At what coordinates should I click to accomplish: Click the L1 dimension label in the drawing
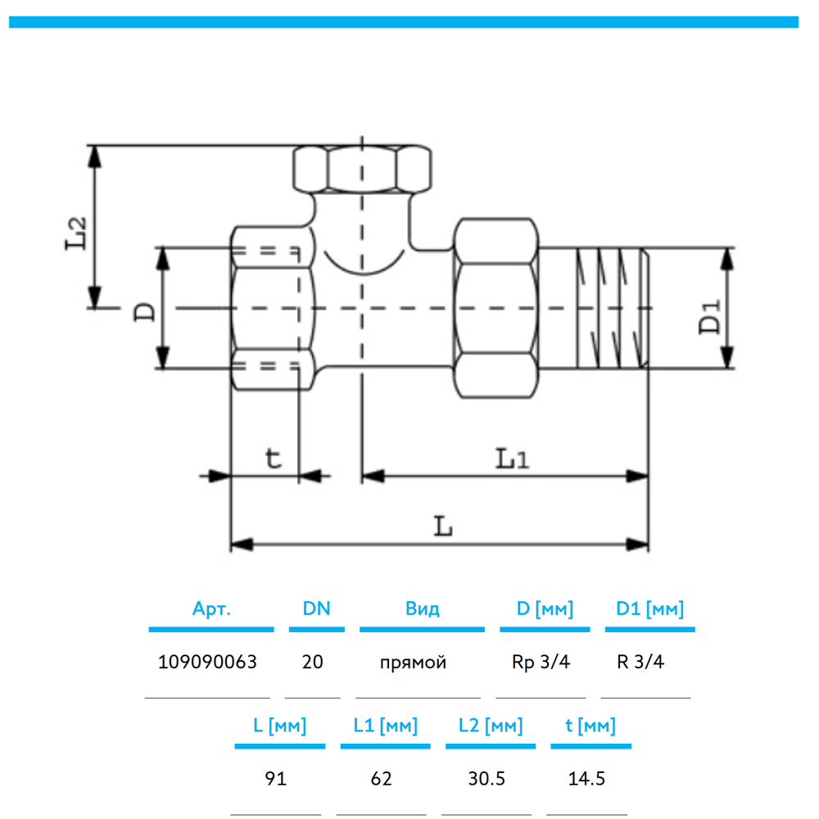coord(511,459)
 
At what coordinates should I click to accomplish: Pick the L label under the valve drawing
coord(443,526)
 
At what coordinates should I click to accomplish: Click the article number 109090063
coord(207,662)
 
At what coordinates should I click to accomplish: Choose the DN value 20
coord(312,662)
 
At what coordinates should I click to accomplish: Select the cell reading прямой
coord(414,662)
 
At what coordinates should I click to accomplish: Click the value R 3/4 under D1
coord(640,662)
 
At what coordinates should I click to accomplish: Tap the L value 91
coord(277,778)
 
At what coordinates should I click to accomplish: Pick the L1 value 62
coord(382,778)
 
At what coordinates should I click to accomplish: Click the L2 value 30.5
coord(486,778)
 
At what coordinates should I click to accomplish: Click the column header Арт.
coord(211,609)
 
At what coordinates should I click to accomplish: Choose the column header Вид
coord(422,609)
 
